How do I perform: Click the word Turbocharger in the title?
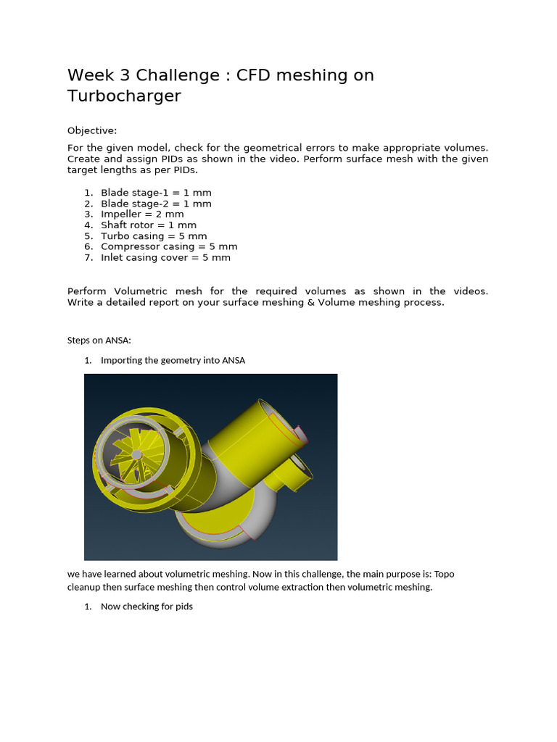124,96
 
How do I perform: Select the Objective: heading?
92,130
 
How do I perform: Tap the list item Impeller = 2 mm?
142,214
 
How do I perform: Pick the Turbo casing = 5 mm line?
154,236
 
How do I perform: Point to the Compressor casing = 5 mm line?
169,247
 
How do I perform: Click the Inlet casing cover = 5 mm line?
165,258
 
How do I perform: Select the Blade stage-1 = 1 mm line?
156,193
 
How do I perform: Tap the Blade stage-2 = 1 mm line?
156,204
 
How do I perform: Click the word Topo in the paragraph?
444,574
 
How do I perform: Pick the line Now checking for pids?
147,606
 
